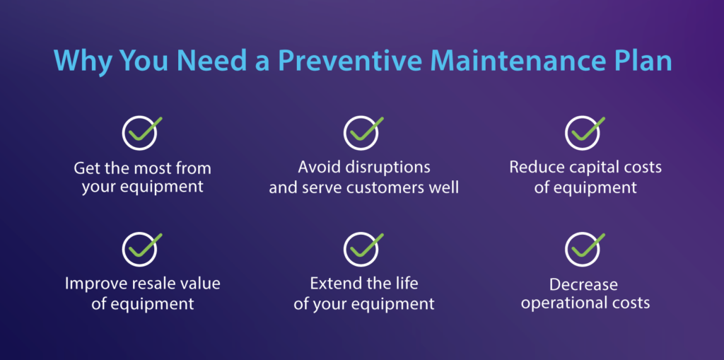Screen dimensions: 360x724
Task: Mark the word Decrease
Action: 584,284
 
